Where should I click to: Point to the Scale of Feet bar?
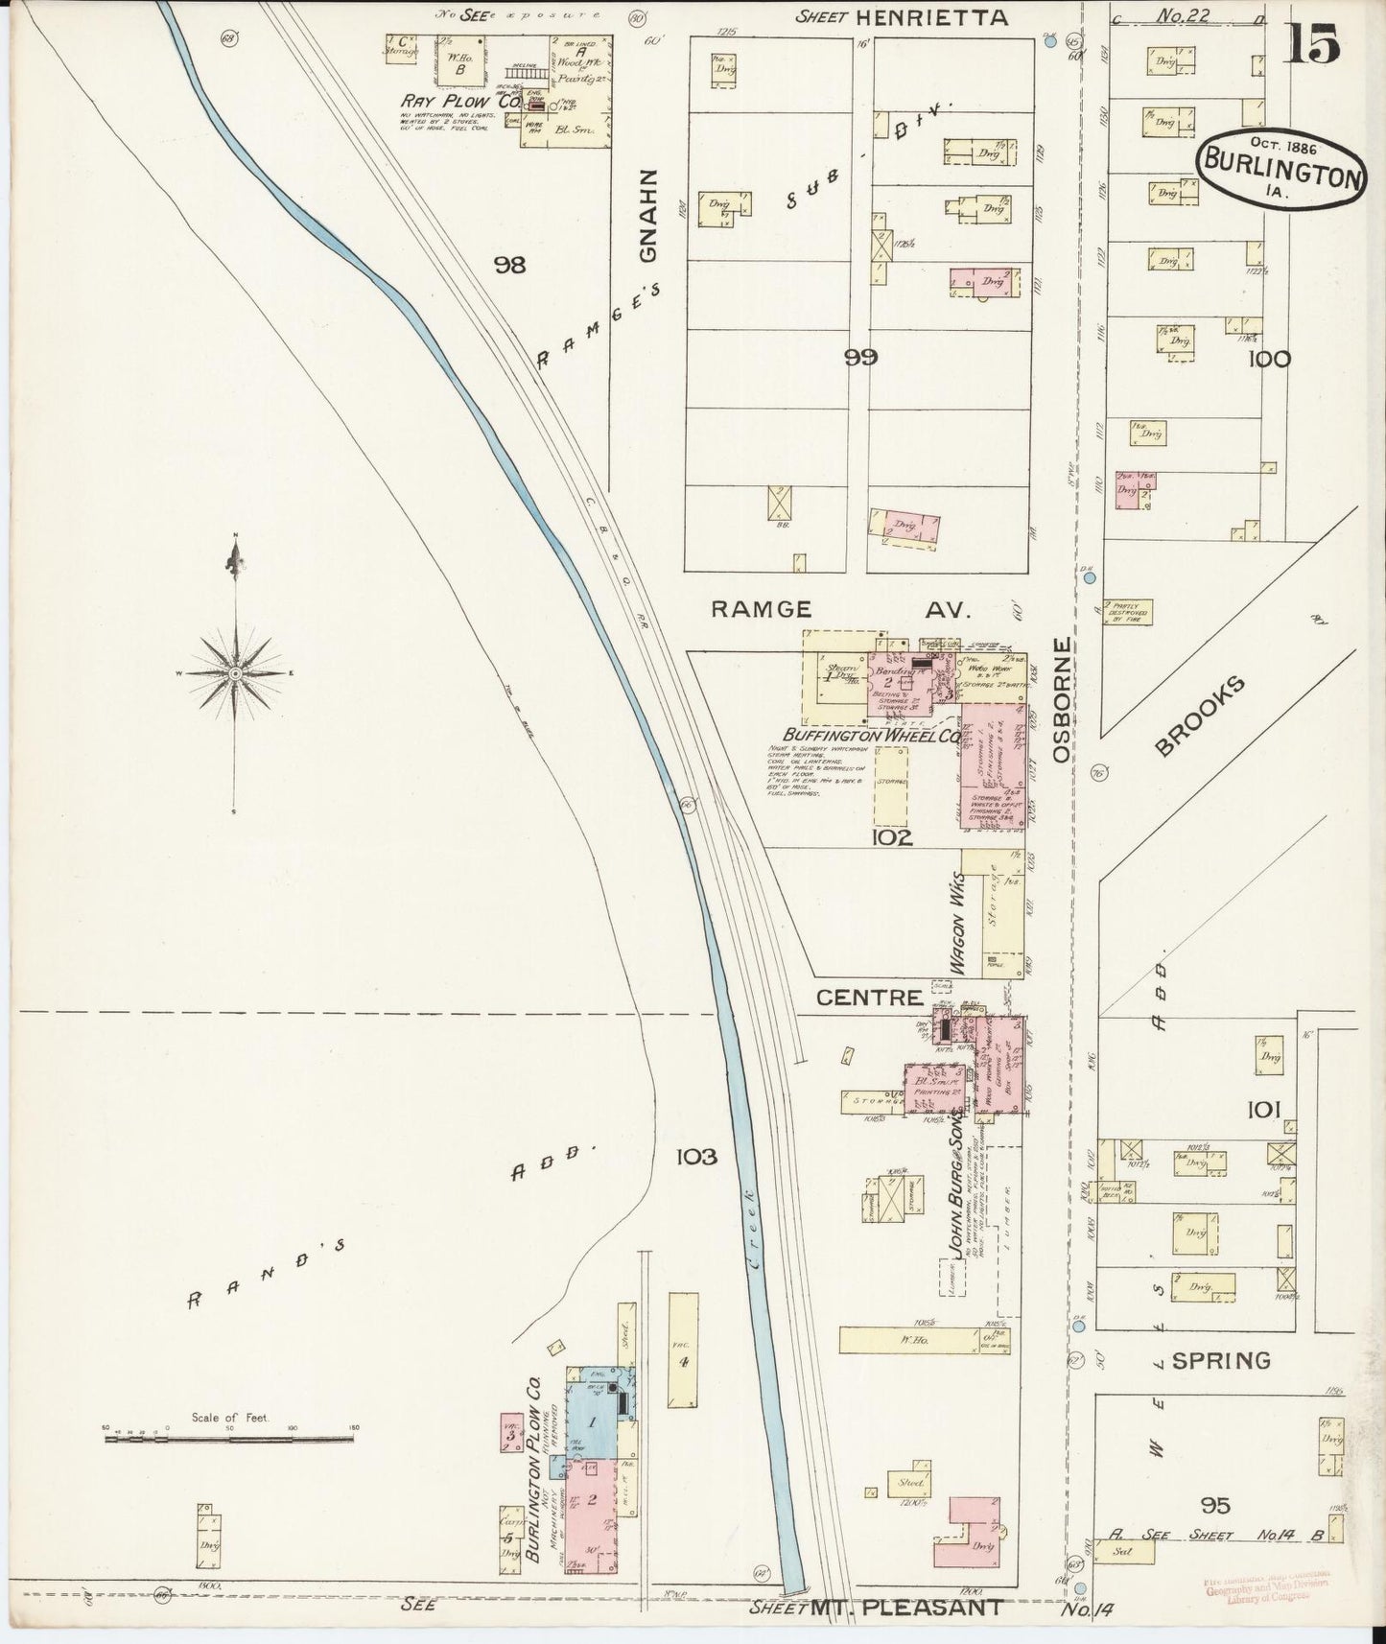229,1438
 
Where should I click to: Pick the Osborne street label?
1061,700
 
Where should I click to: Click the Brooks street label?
1199,716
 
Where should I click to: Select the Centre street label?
869,998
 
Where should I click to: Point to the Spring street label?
1221,1359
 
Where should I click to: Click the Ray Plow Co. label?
454,101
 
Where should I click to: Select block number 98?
509,265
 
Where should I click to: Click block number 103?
696,1157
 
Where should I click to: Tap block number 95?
1212,1505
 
